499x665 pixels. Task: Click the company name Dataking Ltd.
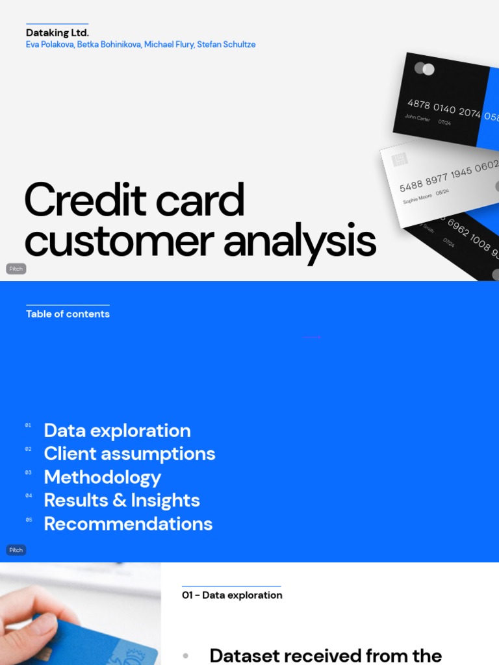tap(57, 32)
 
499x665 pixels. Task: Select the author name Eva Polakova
tap(49, 45)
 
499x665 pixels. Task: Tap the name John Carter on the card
tap(417, 118)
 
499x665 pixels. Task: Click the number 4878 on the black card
tap(418, 104)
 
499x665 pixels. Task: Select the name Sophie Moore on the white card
tap(417, 197)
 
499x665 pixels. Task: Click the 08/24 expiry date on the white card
tap(442, 192)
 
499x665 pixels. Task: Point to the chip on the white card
tap(400, 159)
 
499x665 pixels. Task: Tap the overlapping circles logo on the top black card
tap(424, 69)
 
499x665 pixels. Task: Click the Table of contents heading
tap(68, 314)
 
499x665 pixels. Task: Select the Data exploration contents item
tap(117, 431)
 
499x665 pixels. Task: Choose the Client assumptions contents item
tap(129, 453)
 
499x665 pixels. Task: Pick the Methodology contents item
tap(102, 477)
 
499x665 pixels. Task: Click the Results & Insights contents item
tap(122, 500)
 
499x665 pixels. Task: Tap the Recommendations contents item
tap(128, 523)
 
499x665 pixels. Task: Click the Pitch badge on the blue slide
tap(16, 550)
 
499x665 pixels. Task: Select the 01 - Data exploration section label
tap(232, 595)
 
